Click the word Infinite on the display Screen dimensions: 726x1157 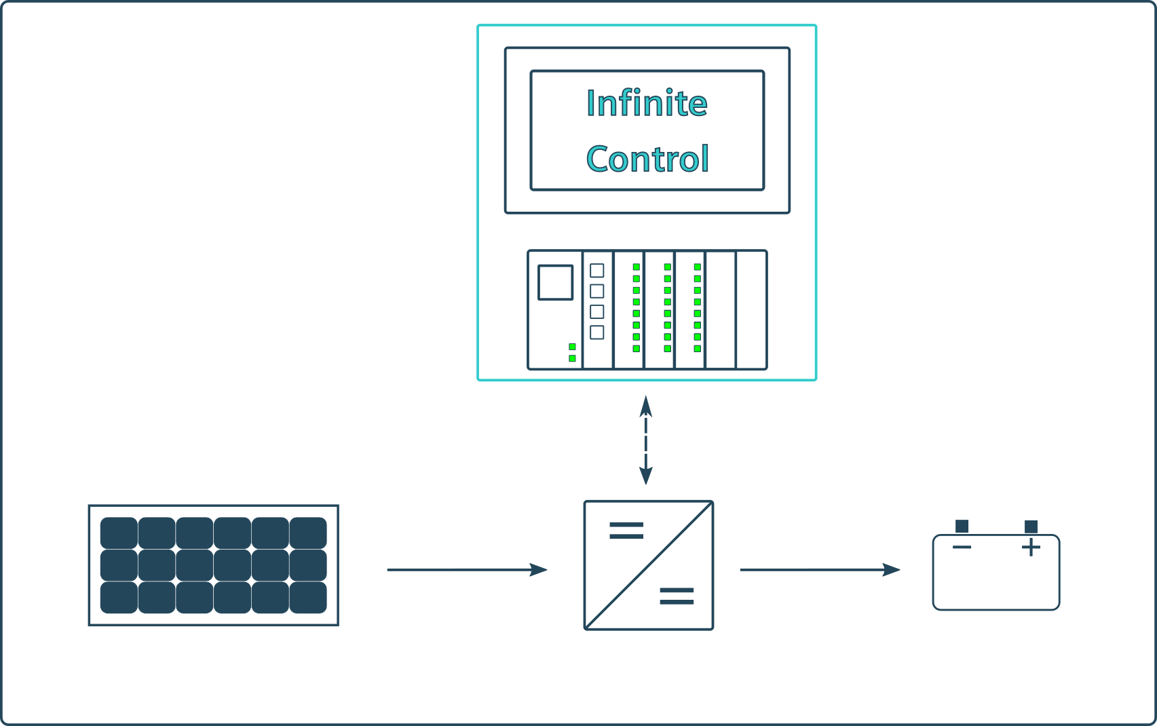coord(647,103)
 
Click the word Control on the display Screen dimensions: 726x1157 coord(647,159)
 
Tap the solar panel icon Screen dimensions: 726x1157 coord(213,565)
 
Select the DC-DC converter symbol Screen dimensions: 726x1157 coord(648,565)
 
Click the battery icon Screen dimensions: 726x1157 coord(995,572)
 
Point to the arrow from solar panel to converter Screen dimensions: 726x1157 coord(467,570)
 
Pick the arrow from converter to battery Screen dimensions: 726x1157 coord(820,570)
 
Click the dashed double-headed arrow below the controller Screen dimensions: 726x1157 coord(646,441)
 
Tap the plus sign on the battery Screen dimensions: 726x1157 coord(1031,547)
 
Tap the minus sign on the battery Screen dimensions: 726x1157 coord(962,547)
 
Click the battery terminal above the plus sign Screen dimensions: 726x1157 coord(1031,527)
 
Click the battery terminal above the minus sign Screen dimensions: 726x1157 coord(962,527)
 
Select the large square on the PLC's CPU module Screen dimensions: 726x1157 coord(555,282)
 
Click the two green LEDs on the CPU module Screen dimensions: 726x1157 coord(572,352)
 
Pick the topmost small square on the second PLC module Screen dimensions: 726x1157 coord(597,271)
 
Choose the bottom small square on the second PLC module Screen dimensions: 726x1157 coord(597,332)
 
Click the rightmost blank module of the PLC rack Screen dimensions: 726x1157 coord(751,310)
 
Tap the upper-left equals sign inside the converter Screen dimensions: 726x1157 coord(626,531)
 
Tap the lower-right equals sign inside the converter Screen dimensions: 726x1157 coord(677,596)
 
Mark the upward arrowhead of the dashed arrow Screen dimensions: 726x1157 coord(646,406)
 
